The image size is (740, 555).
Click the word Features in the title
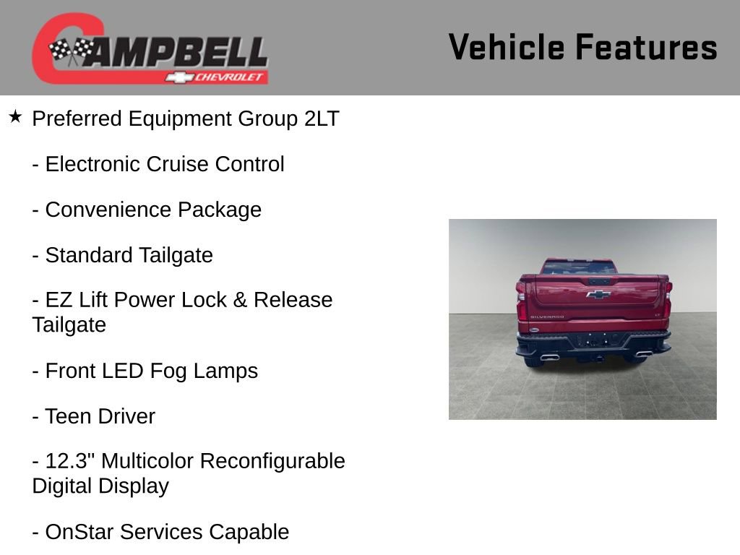click(646, 48)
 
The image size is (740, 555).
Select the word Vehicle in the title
click(506, 48)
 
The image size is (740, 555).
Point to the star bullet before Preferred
click(15, 116)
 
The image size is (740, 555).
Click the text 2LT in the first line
click(322, 119)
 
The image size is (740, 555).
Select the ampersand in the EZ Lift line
click(239, 300)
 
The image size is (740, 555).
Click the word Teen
click(69, 416)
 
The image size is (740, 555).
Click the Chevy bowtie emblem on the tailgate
click(598, 294)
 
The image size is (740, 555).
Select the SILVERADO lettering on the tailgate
click(547, 317)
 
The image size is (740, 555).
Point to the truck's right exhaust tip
click(644, 354)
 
